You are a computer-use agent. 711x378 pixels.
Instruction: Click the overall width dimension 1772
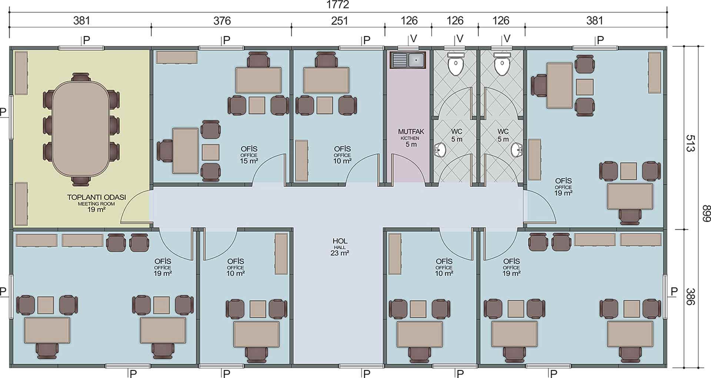click(338, 5)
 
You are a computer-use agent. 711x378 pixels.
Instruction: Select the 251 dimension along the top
click(340, 21)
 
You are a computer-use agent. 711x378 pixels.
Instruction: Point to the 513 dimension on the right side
click(690, 143)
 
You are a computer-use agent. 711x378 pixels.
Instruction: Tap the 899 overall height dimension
click(706, 213)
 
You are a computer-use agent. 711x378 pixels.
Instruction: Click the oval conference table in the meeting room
click(81, 129)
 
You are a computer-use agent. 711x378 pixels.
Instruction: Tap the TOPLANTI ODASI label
click(96, 197)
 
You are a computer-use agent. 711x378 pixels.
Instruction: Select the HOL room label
click(340, 241)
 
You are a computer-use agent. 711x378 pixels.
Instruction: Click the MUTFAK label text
click(411, 132)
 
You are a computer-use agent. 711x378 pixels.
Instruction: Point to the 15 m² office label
click(249, 161)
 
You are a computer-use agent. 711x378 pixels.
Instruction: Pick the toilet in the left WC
click(456, 64)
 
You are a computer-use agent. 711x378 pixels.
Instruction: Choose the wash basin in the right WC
click(517, 150)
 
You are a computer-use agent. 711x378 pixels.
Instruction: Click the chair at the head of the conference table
click(81, 77)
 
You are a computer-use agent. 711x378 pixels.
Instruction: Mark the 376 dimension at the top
click(222, 21)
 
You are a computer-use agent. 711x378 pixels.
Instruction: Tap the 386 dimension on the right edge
click(690, 297)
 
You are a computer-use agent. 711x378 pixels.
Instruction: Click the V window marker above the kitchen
click(414, 39)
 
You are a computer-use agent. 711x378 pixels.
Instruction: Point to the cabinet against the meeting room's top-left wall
click(21, 73)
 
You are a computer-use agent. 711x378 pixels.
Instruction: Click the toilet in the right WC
click(502, 64)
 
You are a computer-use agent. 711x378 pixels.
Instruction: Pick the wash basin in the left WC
click(440, 150)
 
